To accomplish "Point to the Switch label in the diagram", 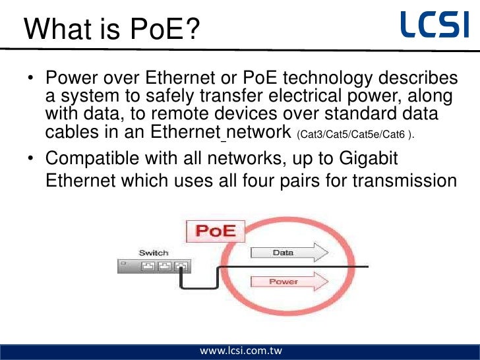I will pyautogui.click(x=154, y=253).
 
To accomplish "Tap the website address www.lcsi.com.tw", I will pyautogui.click(x=241, y=350).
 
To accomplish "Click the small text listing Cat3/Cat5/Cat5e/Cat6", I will pyautogui.click(x=357, y=135).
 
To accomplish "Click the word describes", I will pyautogui.click(x=423, y=79).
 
